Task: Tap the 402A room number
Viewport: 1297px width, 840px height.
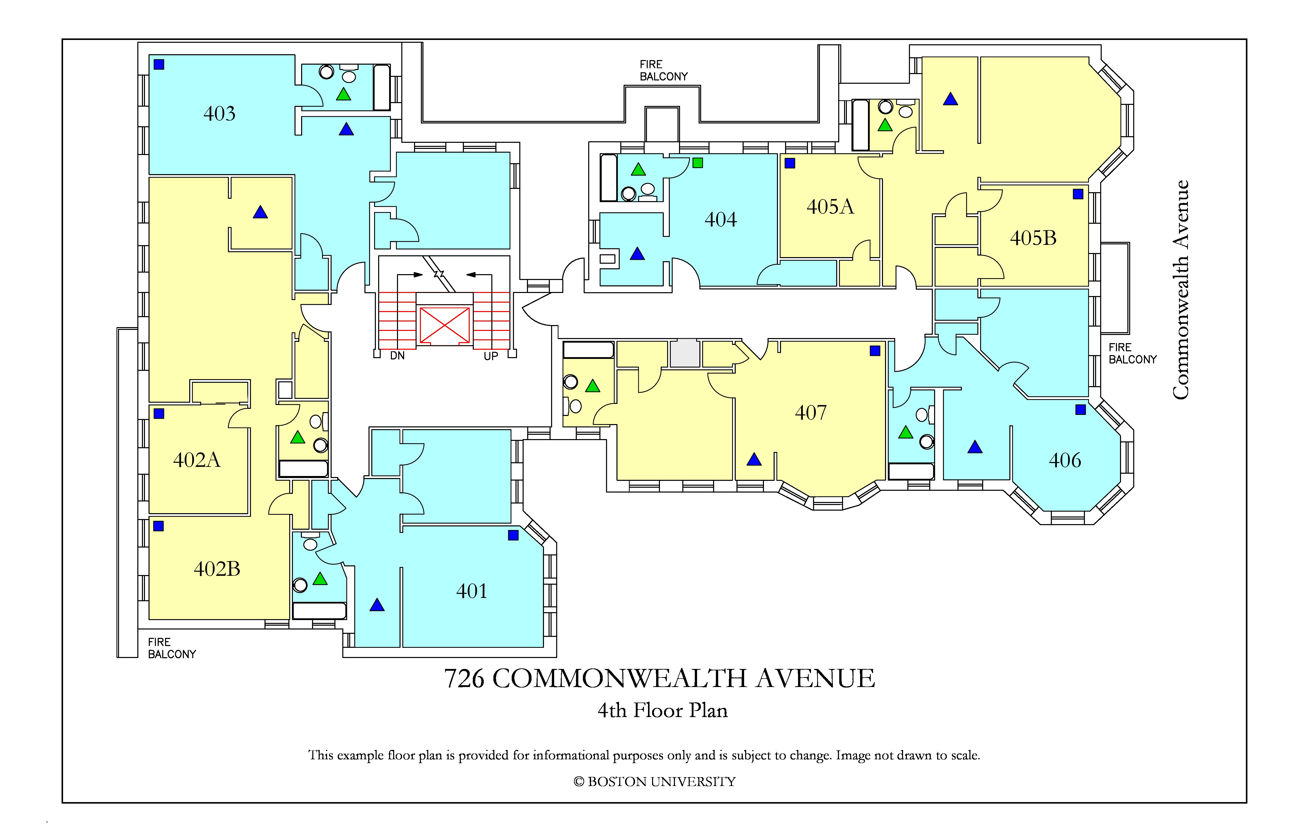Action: (197, 460)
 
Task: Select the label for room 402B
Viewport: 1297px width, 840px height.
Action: (217, 569)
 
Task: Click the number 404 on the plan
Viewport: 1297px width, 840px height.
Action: (720, 219)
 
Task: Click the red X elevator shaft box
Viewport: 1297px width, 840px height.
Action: (445, 326)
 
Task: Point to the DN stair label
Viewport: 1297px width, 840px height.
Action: (397, 356)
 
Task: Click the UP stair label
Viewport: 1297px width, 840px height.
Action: (491, 356)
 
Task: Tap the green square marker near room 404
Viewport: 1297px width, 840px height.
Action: (698, 163)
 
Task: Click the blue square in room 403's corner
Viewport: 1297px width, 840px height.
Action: (159, 64)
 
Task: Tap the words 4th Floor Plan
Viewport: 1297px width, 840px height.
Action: (663, 710)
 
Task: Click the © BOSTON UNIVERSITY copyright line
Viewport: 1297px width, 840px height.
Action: (655, 782)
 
